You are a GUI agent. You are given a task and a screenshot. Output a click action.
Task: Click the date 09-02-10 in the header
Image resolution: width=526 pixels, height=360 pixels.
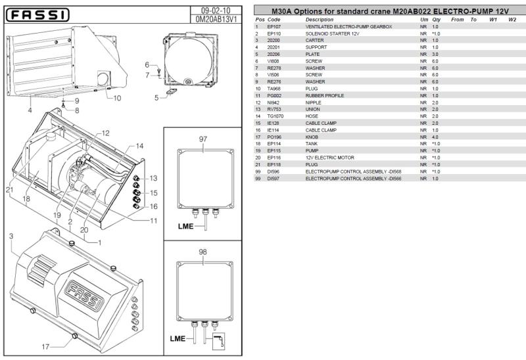(x=217, y=11)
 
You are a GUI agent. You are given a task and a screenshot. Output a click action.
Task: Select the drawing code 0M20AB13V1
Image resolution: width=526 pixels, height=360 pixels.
(x=217, y=20)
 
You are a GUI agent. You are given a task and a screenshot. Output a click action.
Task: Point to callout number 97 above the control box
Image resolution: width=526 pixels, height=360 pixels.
(x=203, y=139)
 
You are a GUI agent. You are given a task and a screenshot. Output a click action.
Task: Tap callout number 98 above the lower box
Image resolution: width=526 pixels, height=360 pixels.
(x=203, y=252)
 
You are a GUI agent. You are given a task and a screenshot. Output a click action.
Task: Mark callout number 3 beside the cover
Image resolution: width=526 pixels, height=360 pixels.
(x=11, y=235)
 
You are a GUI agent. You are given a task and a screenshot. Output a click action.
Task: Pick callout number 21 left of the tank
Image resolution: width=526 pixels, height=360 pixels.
(x=9, y=191)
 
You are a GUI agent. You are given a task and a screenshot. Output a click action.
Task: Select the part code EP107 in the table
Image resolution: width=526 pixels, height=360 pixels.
(x=274, y=27)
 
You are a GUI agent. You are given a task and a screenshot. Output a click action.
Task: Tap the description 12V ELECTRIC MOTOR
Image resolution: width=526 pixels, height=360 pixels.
(x=329, y=158)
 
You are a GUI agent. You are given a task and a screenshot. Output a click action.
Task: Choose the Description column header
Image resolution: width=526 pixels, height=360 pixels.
(x=319, y=20)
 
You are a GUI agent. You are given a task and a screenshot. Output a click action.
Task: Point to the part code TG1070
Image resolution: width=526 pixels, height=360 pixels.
(x=274, y=116)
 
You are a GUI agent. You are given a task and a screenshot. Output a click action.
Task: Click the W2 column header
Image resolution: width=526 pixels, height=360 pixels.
(x=512, y=20)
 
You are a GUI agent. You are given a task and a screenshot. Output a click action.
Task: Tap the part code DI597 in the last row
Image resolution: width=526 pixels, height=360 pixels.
(x=274, y=179)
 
